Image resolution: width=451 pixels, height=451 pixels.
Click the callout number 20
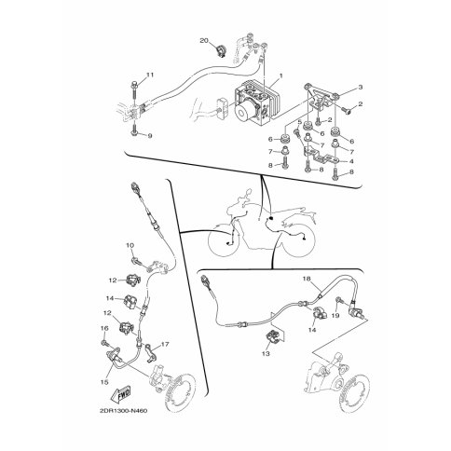pyautogui.click(x=203, y=41)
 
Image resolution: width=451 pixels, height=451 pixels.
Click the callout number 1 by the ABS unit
pyautogui.click(x=281, y=75)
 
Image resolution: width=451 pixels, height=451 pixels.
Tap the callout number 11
pyautogui.click(x=150, y=75)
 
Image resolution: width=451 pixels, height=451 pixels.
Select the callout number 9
pyautogui.click(x=150, y=136)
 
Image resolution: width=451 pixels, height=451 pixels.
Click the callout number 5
pyautogui.click(x=300, y=121)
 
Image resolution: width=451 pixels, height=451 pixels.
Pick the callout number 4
pyautogui.click(x=351, y=161)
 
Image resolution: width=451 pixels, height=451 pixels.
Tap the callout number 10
pyautogui.click(x=130, y=245)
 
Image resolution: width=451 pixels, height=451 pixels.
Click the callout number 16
pyautogui.click(x=104, y=328)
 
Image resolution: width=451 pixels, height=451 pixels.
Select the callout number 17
pyautogui.click(x=165, y=345)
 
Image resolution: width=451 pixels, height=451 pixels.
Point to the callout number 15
pyautogui.click(x=104, y=382)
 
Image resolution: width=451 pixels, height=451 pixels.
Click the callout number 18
pyautogui.click(x=307, y=279)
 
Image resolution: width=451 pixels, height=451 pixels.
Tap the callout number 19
pyautogui.click(x=335, y=316)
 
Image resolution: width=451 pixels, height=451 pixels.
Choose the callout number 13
pyautogui.click(x=266, y=353)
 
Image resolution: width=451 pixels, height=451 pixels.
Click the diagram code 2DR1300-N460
pyautogui.click(x=122, y=411)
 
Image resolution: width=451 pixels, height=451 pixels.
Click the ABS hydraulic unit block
pyautogui.click(x=255, y=102)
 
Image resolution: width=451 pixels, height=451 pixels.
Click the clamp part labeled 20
pyautogui.click(x=221, y=50)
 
